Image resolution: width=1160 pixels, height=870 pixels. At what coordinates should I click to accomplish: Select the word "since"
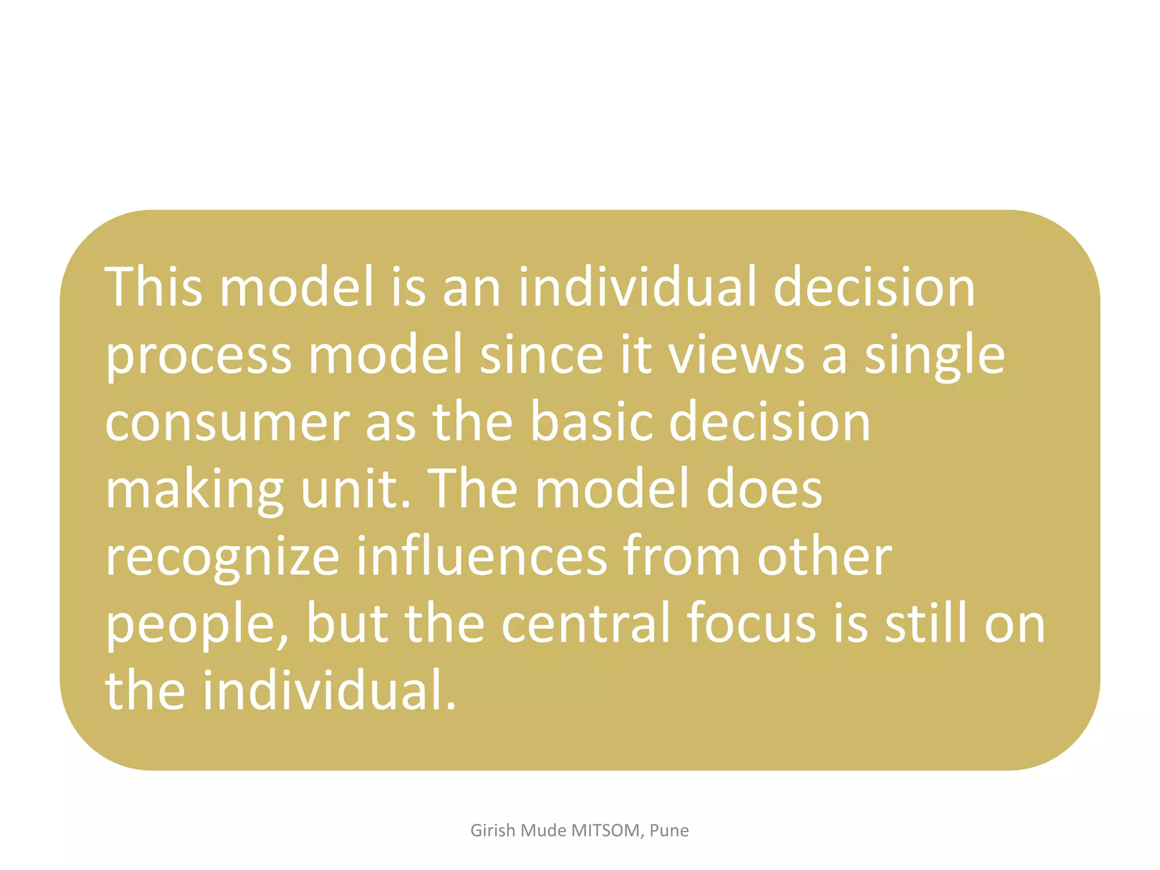(x=541, y=354)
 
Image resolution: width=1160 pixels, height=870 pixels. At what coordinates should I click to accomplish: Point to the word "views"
(x=737, y=354)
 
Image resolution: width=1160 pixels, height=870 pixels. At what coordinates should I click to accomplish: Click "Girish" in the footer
(x=493, y=830)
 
